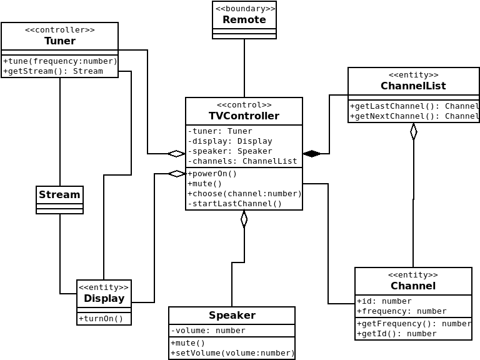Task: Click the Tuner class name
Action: point(60,41)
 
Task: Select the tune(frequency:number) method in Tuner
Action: point(60,61)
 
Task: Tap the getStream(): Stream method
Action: point(53,71)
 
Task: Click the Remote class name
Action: point(244,19)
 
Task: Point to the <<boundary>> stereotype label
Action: point(244,9)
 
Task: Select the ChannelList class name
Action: point(413,86)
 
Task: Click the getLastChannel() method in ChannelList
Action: point(414,106)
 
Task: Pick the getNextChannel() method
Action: point(414,116)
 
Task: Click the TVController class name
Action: point(244,116)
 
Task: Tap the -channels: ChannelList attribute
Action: point(242,161)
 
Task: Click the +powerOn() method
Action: point(212,174)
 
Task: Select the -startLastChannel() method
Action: point(235,204)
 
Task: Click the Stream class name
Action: point(59,195)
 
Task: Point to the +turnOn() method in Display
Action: point(101,319)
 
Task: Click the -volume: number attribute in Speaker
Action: point(208,331)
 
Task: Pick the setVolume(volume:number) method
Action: point(232,353)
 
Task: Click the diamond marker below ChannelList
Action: point(414,132)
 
